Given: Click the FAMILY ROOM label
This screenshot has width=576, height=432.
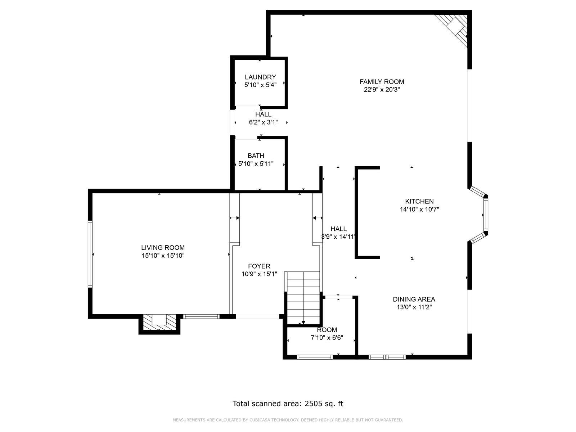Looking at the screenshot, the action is [x=382, y=82].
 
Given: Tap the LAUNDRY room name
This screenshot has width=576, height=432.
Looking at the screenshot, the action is [x=260, y=77].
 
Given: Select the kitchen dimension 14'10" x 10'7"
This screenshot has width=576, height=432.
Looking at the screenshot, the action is [x=419, y=209].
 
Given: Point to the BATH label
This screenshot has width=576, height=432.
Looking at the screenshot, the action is [x=256, y=156].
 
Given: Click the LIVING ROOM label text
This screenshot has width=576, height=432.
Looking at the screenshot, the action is [x=163, y=248].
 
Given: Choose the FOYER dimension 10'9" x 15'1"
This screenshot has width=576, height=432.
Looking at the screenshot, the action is [x=259, y=274].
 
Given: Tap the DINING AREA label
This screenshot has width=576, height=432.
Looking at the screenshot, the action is [x=414, y=299].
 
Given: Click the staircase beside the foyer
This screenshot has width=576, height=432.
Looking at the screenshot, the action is [x=303, y=298].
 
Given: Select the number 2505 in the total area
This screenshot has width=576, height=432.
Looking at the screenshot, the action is [x=313, y=404].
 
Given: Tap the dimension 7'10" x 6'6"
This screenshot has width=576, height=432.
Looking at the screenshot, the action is [x=327, y=338].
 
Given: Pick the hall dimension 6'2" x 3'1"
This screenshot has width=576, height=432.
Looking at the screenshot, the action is [x=263, y=122].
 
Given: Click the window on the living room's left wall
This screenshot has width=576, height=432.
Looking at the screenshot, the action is [x=90, y=254].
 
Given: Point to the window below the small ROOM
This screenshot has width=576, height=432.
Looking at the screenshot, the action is [x=315, y=357].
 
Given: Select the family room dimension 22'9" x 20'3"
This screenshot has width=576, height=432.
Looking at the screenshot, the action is [x=382, y=90].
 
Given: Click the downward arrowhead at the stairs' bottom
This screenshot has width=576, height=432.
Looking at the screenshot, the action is [x=303, y=323].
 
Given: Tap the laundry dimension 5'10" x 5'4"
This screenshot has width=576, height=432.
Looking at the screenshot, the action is [x=260, y=85].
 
